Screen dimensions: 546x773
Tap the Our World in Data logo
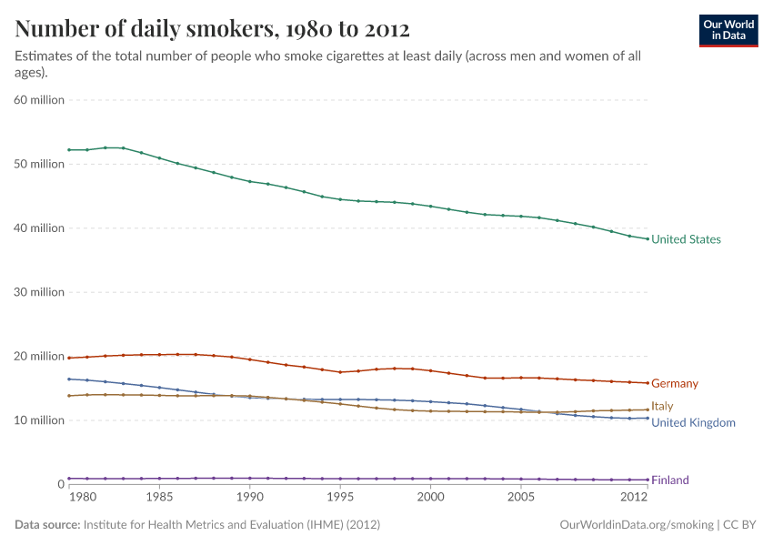pos(728,30)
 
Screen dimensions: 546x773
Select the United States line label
pos(686,239)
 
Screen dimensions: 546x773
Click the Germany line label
pos(675,384)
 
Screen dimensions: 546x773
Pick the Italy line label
pos(662,406)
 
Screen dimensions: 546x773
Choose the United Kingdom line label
pos(693,422)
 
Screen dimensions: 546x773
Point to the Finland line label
pos(670,480)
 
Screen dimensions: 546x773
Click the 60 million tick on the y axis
pos(39,100)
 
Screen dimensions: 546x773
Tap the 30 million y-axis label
pos(39,292)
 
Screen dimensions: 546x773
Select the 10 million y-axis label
pos(39,420)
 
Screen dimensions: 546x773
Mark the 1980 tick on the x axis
pos(82,498)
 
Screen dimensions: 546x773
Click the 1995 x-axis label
pos(340,498)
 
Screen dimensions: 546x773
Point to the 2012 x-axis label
pos(633,498)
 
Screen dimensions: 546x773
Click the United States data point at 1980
pos(69,149)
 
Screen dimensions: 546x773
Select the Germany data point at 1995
pos(340,372)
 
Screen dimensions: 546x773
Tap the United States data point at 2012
pos(647,238)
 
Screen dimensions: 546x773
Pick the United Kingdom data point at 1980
pos(69,379)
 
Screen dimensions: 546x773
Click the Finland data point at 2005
pos(520,479)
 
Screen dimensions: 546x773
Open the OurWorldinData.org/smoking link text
pos(637,525)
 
